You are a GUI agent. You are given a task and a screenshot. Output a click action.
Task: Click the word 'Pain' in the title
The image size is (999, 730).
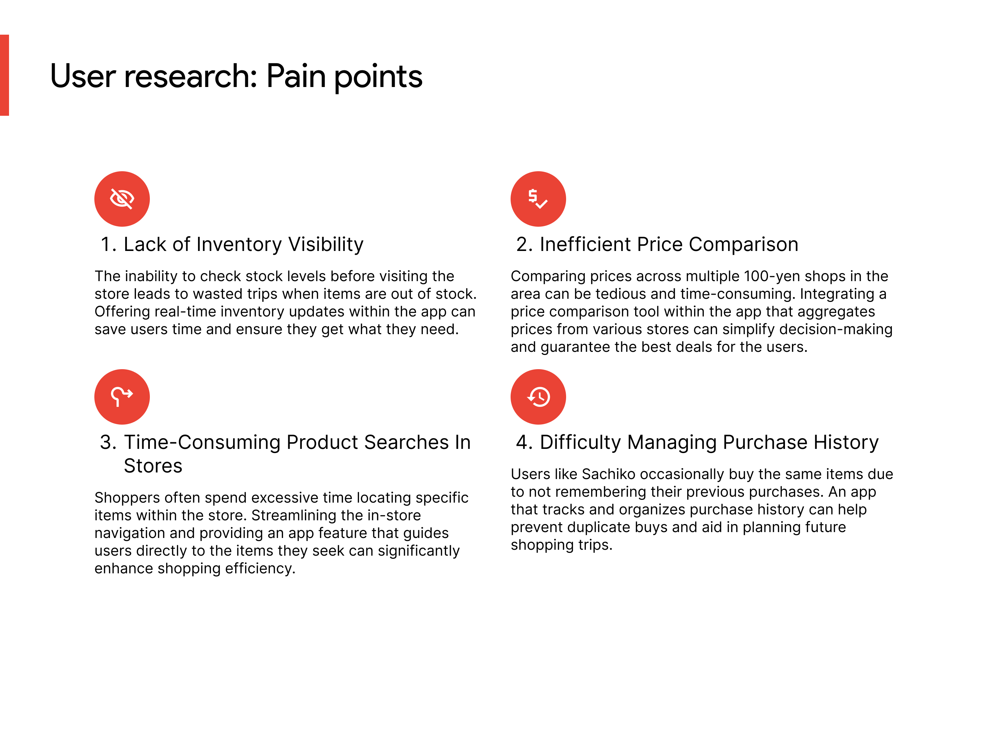tap(296, 76)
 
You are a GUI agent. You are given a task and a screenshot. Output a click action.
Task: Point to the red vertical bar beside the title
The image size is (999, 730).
tap(5, 75)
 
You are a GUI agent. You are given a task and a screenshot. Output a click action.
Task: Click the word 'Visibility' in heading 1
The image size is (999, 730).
tap(326, 244)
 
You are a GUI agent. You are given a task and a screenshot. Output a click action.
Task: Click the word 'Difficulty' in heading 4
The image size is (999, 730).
tap(581, 442)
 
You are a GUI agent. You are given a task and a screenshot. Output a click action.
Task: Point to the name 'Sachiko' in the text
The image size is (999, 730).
tap(608, 474)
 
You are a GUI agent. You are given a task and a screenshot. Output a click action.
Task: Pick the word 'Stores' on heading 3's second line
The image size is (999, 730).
tap(153, 466)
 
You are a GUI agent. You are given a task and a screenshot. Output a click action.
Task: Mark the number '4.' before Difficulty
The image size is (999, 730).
tap(524, 442)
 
